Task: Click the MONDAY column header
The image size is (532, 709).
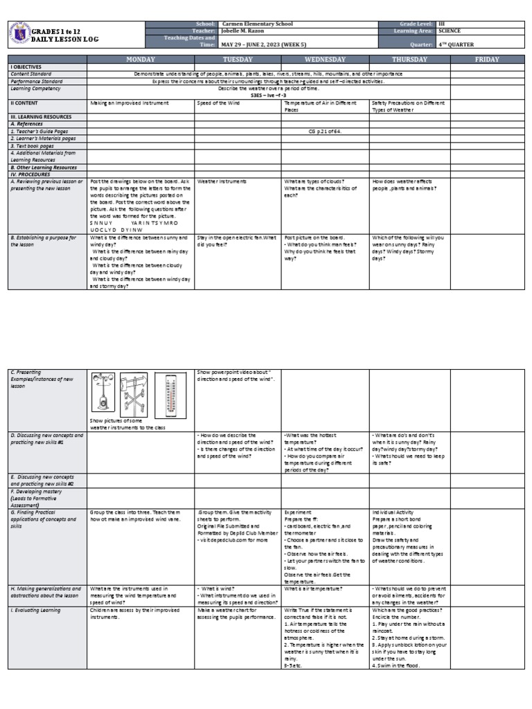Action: click(140, 60)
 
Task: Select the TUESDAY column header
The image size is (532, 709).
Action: click(238, 60)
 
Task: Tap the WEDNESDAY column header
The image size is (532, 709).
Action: click(325, 60)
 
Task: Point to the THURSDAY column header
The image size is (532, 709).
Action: click(410, 60)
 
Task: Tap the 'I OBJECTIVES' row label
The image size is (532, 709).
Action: click(26, 66)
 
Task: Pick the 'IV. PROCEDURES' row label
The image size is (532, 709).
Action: click(29, 174)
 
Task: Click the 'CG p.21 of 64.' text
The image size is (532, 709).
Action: click(324, 131)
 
